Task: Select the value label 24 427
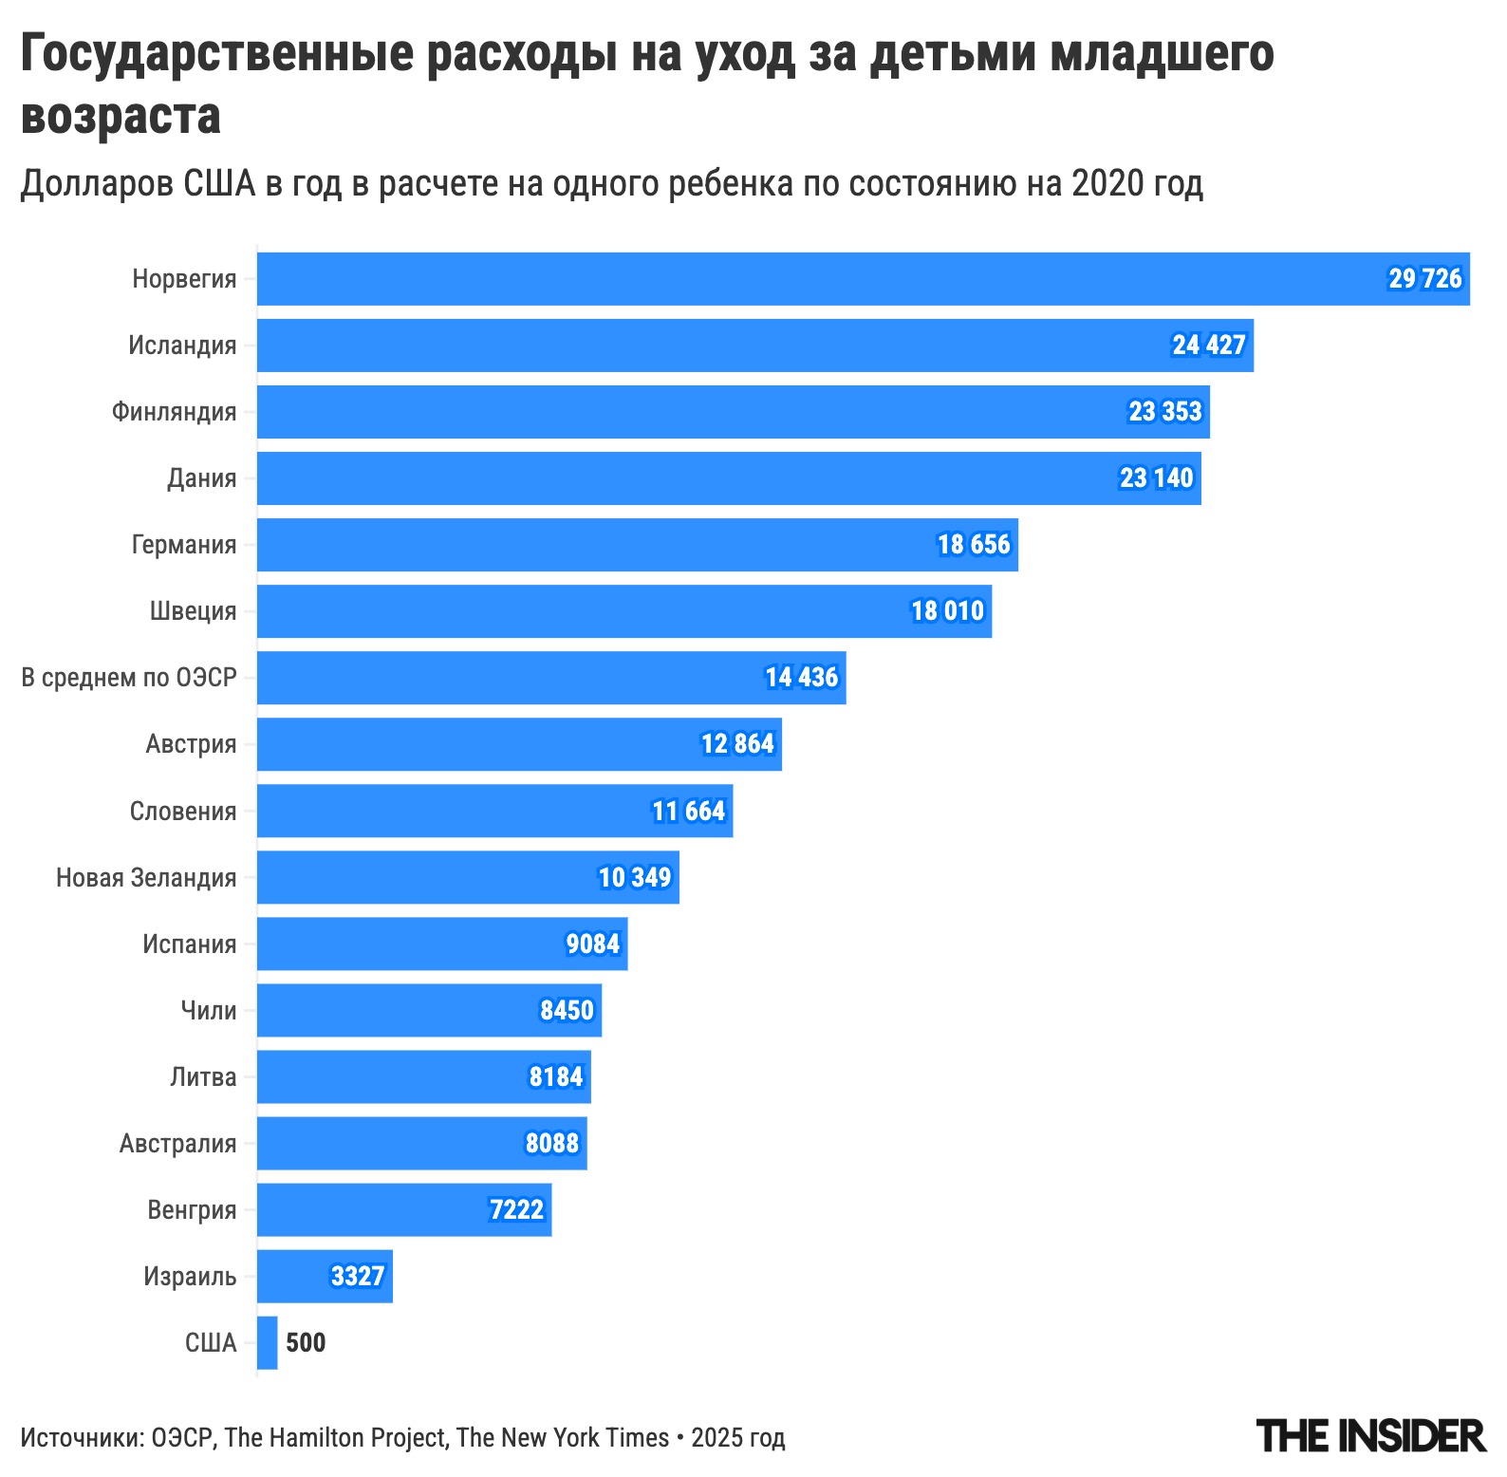click(1208, 346)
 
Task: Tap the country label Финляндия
click(174, 412)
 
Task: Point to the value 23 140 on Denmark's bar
click(1156, 478)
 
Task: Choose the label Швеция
click(193, 611)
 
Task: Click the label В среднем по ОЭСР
click(129, 678)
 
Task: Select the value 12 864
click(737, 744)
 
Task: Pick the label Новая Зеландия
click(146, 877)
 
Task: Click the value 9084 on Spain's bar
click(592, 944)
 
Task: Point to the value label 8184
click(556, 1076)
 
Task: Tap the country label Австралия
click(177, 1143)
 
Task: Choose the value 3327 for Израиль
click(357, 1276)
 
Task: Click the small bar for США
click(268, 1342)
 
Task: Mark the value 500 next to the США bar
click(306, 1342)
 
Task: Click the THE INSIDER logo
click(1369, 1436)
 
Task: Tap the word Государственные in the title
click(217, 54)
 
